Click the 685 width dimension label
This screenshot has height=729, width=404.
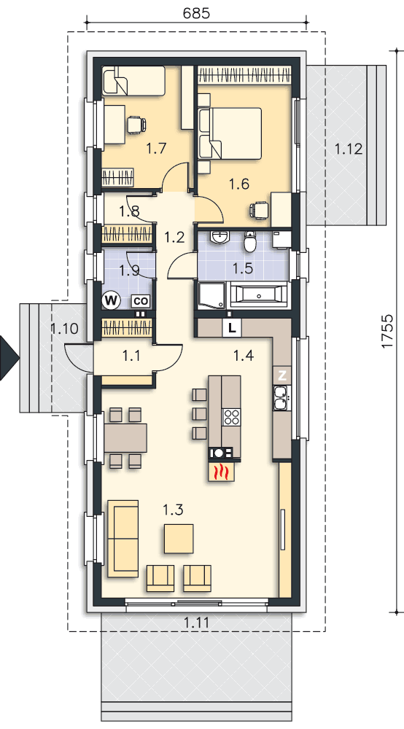coord(196,12)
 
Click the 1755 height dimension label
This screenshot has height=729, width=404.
coord(387,331)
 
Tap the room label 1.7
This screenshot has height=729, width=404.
coord(156,149)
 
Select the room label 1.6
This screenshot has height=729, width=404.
coord(239,184)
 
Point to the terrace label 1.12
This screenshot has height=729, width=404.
coord(348,149)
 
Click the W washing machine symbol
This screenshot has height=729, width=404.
coord(112,300)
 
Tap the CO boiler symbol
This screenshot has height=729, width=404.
coord(141,301)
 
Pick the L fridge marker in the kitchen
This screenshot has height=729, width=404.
coord(232,328)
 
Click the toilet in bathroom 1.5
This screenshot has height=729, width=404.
coord(250,241)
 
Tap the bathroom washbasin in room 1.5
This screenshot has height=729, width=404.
coord(219,238)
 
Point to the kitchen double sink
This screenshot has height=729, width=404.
coord(281,398)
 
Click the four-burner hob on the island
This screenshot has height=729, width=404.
coord(231,417)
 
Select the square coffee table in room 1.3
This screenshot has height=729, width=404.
coord(179,539)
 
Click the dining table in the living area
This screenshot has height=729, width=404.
coord(125,438)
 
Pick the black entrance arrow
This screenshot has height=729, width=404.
coord(8,359)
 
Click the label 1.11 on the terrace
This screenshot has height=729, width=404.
coord(196,622)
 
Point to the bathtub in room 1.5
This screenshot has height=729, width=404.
coord(257,295)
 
